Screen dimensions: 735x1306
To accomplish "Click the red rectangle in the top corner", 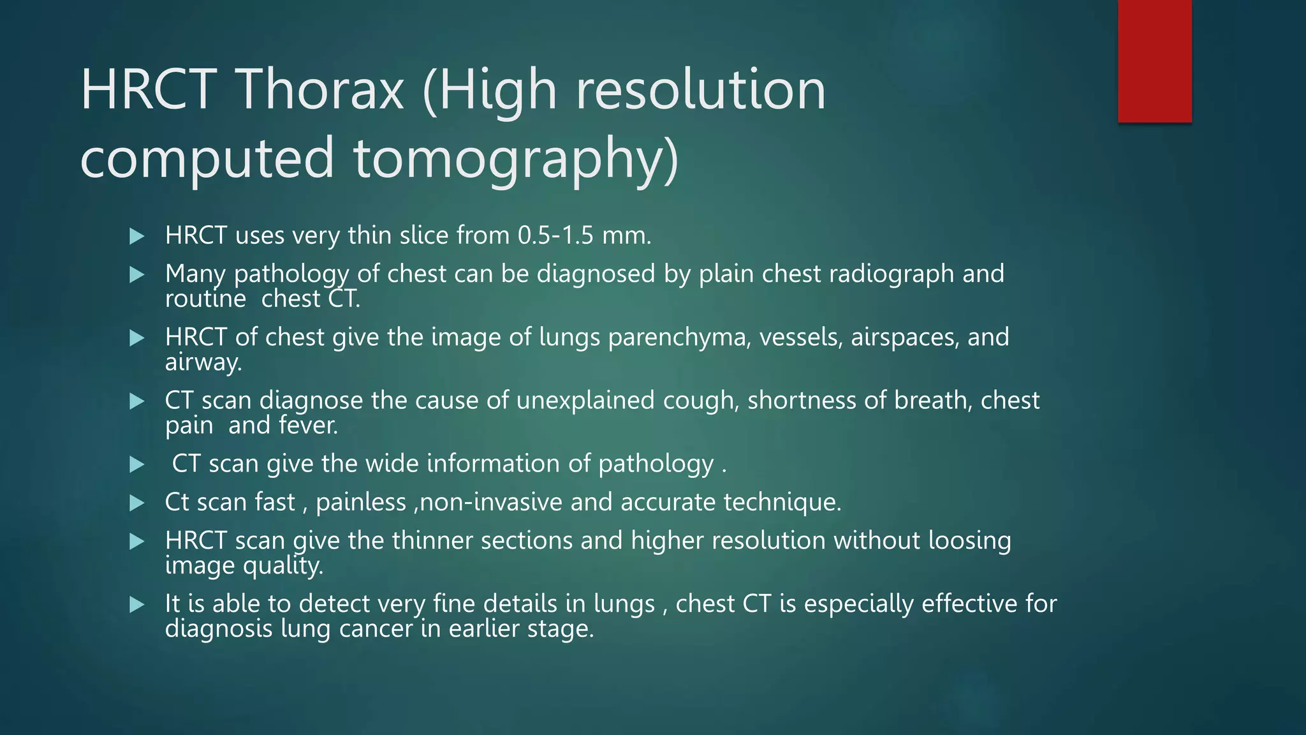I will click(1154, 61).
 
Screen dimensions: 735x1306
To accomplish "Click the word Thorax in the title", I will click(321, 90).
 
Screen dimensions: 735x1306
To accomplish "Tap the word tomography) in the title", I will click(517, 158).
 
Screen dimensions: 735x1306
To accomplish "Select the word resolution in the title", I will click(701, 90).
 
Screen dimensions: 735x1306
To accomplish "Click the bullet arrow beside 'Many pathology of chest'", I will click(137, 275).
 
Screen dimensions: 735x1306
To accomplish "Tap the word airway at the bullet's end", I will click(202, 362).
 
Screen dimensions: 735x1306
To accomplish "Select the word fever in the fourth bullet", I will click(308, 426).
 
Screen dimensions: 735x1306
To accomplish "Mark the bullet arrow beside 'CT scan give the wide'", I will click(137, 464).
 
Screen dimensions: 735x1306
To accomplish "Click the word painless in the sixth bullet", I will click(361, 503).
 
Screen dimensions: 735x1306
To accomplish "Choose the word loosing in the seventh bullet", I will click(969, 541).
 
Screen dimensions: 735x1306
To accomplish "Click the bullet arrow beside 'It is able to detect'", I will click(137, 604).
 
